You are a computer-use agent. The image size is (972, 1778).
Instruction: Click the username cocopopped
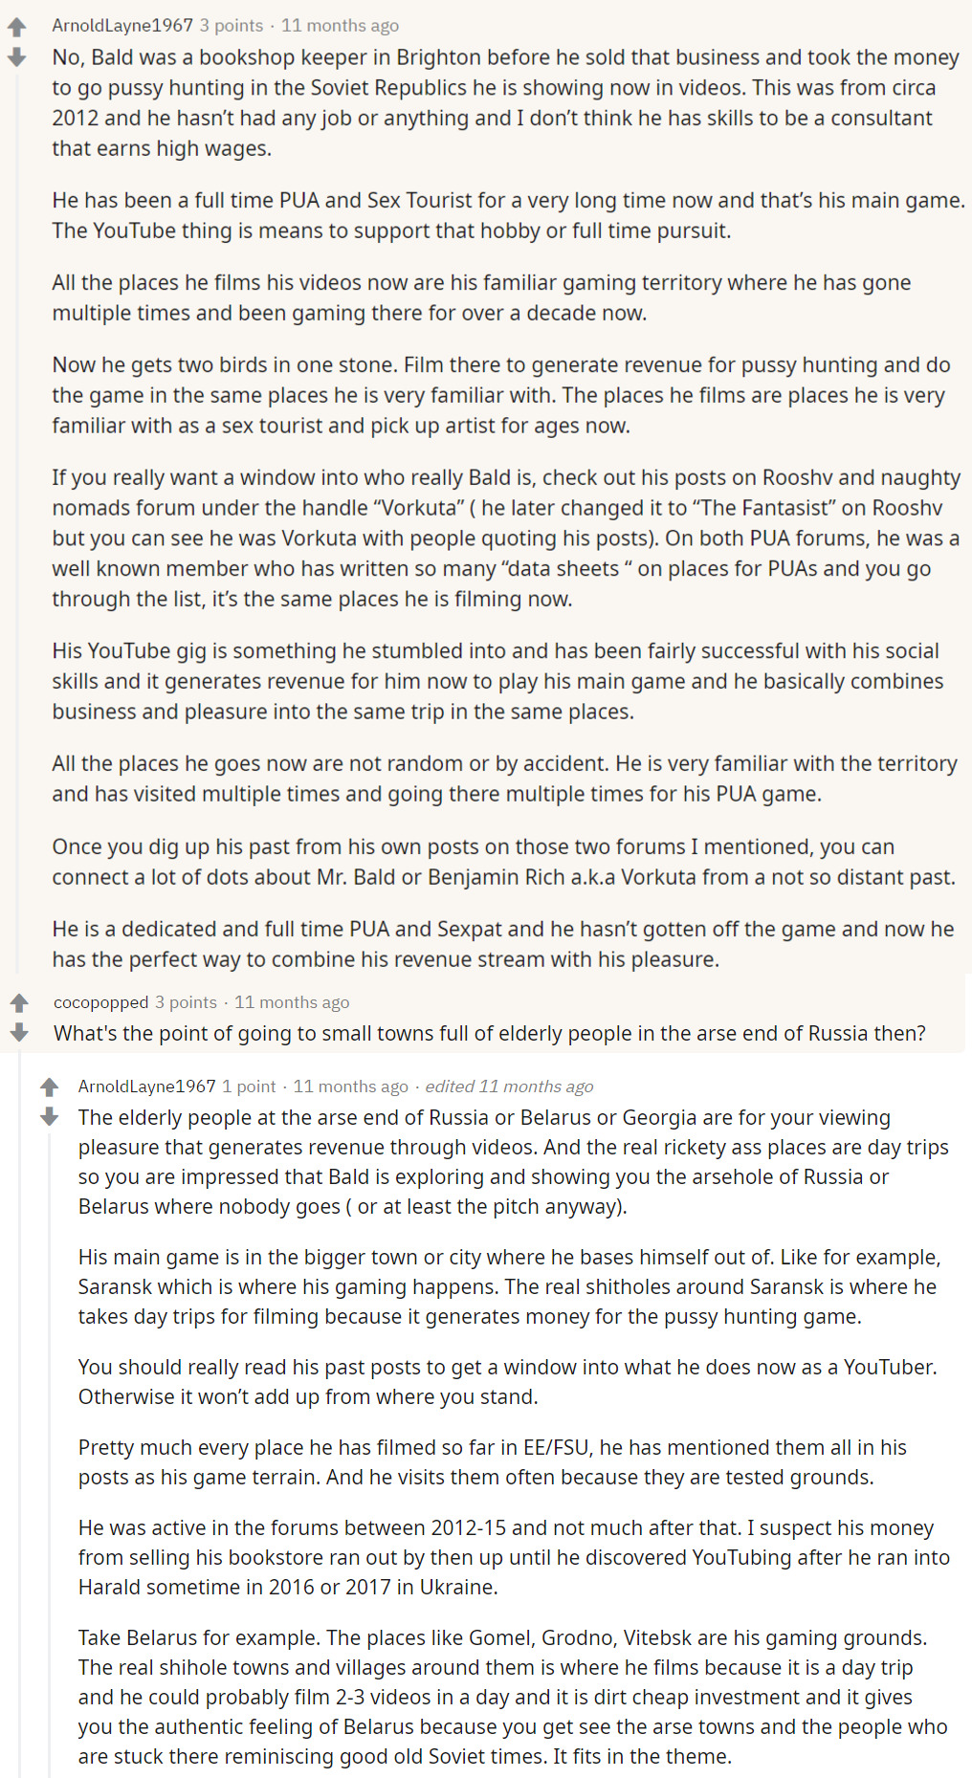100,1002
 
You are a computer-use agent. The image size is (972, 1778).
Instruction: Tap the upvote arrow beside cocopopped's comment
19,1002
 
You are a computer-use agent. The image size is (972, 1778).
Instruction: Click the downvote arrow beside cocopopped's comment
19,1033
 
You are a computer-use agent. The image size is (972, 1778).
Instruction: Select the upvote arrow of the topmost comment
17,28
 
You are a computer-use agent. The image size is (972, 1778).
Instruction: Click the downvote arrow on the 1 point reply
50,1117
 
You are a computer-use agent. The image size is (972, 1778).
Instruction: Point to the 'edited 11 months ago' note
509,1087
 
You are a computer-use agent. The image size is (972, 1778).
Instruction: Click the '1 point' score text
249,1087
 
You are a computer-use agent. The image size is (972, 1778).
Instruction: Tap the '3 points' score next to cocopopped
187,1002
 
